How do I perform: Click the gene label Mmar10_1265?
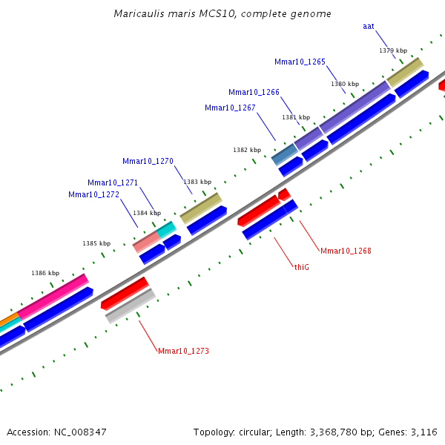pos(300,62)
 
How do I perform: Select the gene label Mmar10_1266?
pos(254,93)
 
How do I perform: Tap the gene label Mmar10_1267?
pos(230,108)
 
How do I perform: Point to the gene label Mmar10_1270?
pos(148,161)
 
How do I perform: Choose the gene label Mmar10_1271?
pos(113,182)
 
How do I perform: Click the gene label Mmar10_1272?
pos(93,194)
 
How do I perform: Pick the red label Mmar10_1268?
pos(346,251)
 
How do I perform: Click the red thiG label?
pos(301,266)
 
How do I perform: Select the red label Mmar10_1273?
pos(183,350)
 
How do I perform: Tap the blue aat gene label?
pos(368,27)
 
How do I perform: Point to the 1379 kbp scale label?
pos(393,50)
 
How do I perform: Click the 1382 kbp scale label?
pos(247,150)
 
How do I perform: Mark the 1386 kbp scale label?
pos(45,273)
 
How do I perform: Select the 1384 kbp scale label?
pos(146,213)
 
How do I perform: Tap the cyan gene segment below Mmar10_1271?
pos(167,229)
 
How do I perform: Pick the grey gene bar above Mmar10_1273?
pos(130,306)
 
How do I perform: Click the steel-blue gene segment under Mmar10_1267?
pos(284,154)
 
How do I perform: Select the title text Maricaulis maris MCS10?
pos(222,14)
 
